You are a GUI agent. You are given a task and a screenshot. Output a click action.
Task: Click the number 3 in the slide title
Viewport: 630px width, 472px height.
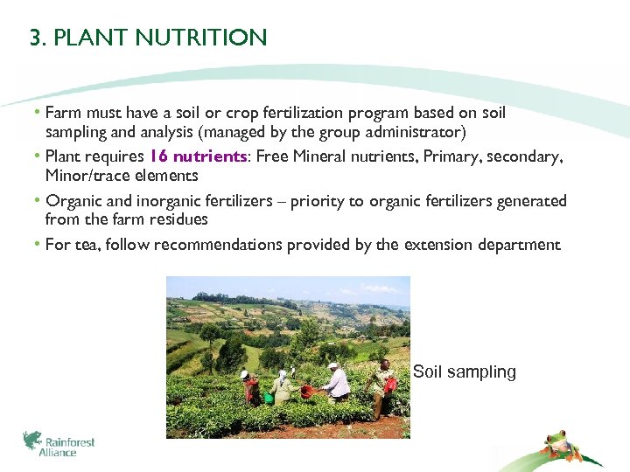click(35, 38)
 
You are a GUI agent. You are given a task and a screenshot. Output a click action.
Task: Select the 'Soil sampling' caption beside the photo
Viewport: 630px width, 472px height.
click(464, 372)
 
